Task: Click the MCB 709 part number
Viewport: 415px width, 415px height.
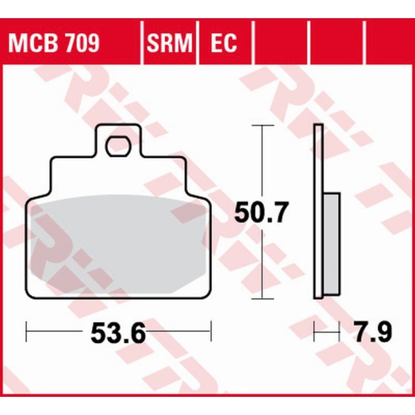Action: [53, 44]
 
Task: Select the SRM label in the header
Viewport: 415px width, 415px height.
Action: [170, 44]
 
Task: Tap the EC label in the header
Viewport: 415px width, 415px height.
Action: [224, 44]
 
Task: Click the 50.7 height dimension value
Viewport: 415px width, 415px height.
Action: [260, 213]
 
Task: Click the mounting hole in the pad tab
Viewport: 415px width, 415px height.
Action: [119, 146]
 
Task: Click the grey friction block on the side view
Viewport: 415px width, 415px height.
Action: [332, 244]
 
